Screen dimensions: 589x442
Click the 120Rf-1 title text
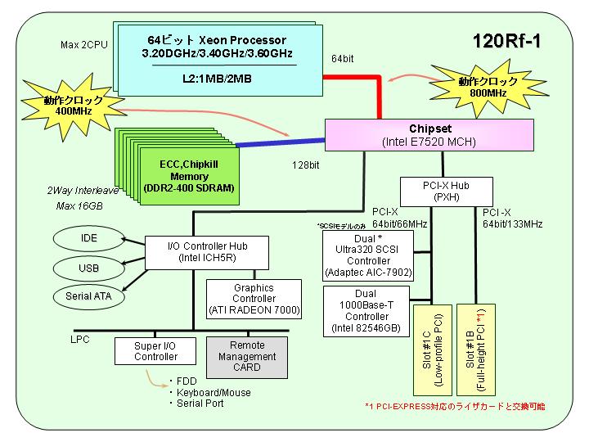tap(506, 41)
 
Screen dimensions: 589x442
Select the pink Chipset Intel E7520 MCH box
tap(429, 135)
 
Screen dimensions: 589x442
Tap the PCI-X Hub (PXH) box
tap(447, 192)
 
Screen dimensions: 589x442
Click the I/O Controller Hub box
tap(207, 253)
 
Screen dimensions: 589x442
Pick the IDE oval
tap(88, 238)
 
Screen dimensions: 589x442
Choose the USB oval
tap(88, 268)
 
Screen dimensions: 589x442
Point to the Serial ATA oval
tap(88, 296)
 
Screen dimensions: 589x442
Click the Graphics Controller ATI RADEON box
tap(254, 300)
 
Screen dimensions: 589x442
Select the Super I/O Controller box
tap(155, 351)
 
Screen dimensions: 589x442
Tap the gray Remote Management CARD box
tap(247, 357)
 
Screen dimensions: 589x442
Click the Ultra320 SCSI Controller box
tap(368, 255)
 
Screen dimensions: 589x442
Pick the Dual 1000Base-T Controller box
tap(366, 311)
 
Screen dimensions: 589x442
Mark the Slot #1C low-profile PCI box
tap(433, 350)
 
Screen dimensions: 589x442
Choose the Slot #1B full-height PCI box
tap(476, 350)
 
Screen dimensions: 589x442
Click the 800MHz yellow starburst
tap(488, 88)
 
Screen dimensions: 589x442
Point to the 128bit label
tap(306, 165)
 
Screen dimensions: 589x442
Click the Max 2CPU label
tap(84, 45)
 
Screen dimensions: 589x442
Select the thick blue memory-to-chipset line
tap(281, 142)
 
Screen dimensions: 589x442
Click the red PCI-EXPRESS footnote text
tap(455, 406)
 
